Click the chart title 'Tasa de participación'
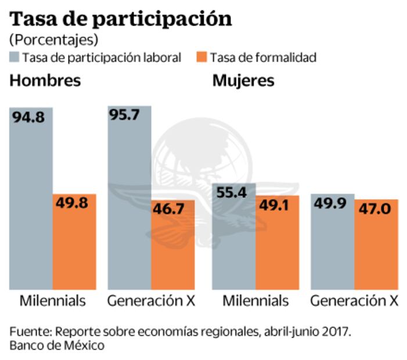[121, 19]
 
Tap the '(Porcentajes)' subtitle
[53, 39]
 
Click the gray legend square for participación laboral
[15, 57]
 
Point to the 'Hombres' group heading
[45, 80]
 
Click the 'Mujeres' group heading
[243, 80]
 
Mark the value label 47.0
[376, 208]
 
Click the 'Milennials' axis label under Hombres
[53, 301]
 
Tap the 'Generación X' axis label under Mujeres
[354, 301]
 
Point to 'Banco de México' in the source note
[57, 346]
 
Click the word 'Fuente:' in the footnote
[30, 332]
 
